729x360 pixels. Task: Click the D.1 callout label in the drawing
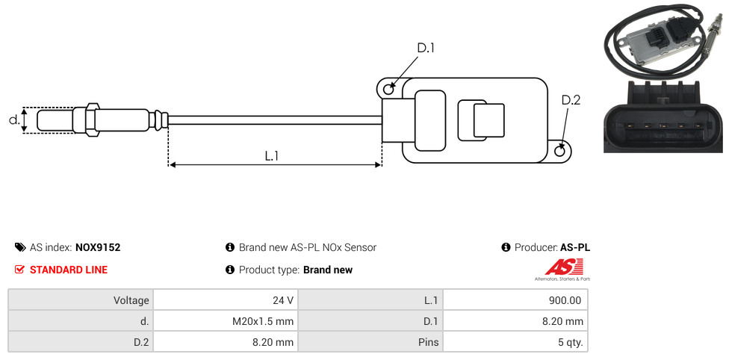point(425,48)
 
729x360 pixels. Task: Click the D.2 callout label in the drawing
point(570,100)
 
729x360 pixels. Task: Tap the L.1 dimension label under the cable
point(272,156)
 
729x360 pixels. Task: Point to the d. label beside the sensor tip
point(13,120)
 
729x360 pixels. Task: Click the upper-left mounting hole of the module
point(388,90)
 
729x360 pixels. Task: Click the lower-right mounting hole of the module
point(560,151)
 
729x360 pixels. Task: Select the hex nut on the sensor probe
point(92,120)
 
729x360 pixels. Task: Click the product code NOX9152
point(98,247)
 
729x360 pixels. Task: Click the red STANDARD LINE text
point(69,270)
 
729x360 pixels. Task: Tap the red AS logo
point(559,267)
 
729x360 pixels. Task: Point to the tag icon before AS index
point(20,247)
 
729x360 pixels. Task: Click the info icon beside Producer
point(506,247)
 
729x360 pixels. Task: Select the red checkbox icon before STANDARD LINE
point(20,270)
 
